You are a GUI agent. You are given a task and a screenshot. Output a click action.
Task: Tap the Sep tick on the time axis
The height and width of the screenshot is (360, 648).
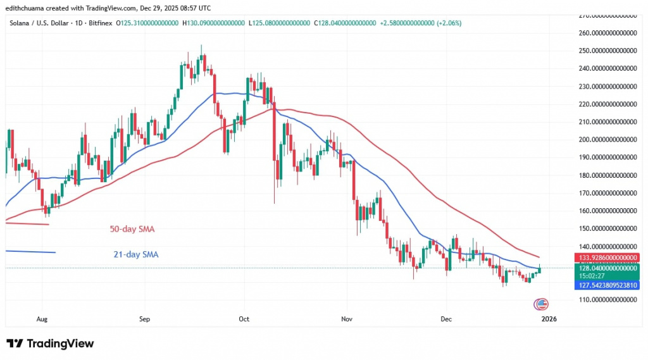coord(144,319)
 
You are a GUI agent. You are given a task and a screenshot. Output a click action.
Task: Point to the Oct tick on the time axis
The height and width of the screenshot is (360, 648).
coord(244,319)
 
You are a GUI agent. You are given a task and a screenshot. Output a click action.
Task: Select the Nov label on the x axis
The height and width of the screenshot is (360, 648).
coord(346,319)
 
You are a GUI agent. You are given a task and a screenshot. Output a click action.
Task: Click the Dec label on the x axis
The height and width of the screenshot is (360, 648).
coord(446,319)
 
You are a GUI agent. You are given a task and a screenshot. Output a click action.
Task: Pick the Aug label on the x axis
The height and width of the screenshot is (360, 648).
coord(42,319)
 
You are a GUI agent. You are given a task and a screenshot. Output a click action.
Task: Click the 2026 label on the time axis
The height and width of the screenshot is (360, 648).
coord(549,319)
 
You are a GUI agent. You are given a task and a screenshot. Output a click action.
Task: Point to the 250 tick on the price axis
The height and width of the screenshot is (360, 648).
coord(608,51)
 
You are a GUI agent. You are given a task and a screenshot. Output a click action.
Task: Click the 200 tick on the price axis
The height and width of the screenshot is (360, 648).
coord(608,139)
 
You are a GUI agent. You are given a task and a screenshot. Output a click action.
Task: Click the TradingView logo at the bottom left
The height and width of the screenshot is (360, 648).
coord(51,343)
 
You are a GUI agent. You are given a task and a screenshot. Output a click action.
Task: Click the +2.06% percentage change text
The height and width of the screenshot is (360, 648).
coord(448,23)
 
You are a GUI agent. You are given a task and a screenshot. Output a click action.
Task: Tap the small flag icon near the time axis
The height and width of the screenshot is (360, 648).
coord(542,304)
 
